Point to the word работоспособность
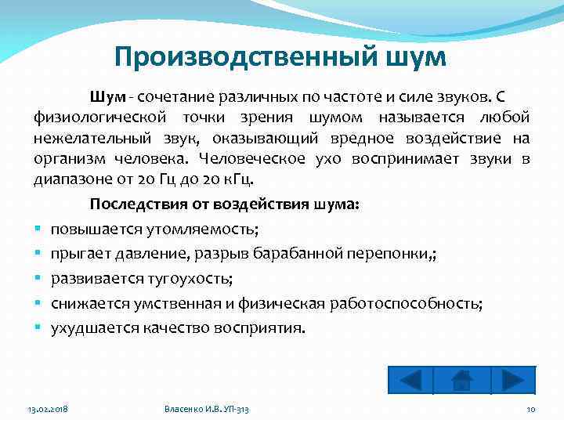pos(419,303)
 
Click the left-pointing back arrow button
pos(410,380)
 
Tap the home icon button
pos(462,380)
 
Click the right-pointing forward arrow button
pos(512,380)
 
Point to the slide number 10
pos(531,410)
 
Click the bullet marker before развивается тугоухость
pos(37,279)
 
